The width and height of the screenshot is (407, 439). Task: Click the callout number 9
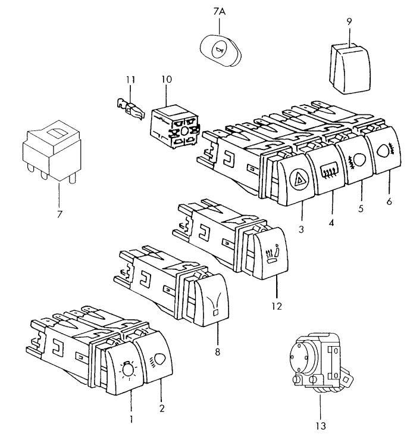tap(349, 21)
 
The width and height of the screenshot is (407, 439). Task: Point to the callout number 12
tap(275, 306)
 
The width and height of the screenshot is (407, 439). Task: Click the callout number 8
tap(218, 351)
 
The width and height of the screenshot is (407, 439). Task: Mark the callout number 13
tap(320, 426)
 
